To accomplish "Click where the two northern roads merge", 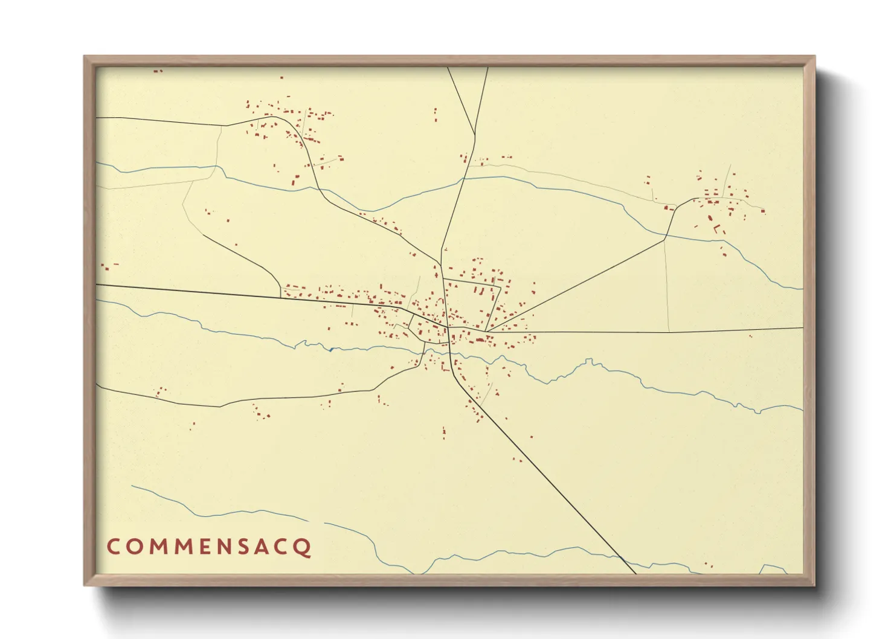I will pos(475,135).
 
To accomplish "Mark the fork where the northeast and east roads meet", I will pos(487,331).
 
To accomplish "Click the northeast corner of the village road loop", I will pos(501,286).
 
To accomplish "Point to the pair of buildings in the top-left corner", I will pos(158,71).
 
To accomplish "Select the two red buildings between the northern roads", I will pos(436,115).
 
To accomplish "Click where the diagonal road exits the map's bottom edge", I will pos(635,573).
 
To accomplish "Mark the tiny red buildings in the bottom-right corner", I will pos(709,566).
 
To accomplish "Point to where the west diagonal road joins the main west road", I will pos(281,297).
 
